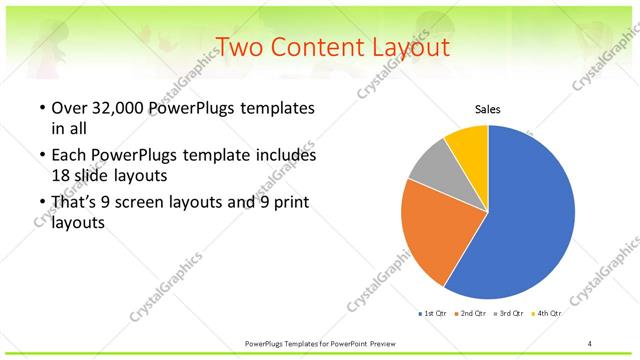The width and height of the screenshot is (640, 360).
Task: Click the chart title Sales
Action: [x=487, y=110]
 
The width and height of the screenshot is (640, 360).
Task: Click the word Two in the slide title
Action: [x=239, y=47]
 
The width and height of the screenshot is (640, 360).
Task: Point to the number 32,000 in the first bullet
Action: [x=116, y=108]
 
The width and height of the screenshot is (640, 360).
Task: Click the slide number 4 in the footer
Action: [x=590, y=343]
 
